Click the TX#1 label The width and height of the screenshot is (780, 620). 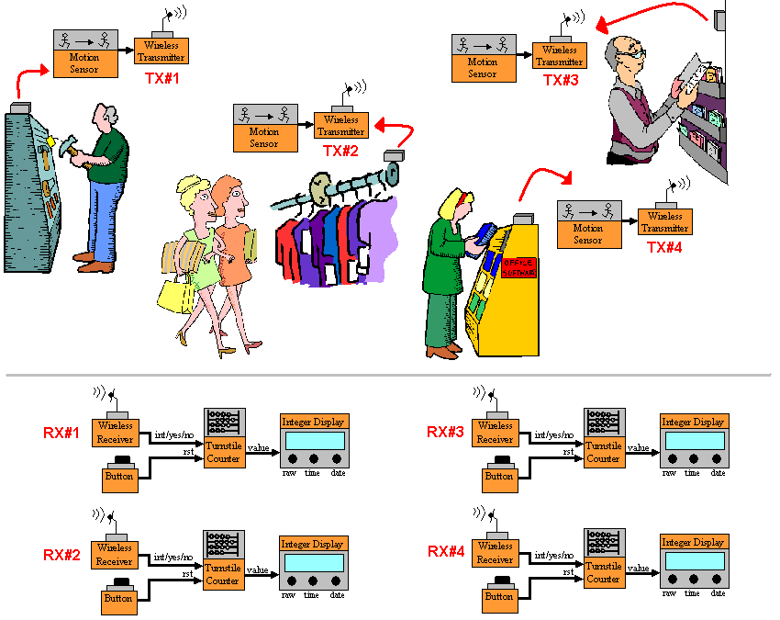coord(162,79)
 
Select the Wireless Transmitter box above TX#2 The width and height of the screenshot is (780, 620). coord(341,125)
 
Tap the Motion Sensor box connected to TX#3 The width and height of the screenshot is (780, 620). coord(483,67)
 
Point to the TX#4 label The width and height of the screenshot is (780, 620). coord(665,247)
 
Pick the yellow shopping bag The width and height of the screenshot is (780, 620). coord(173,294)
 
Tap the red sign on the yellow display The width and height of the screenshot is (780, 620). coord(518,266)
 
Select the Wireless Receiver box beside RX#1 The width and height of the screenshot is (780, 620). coord(115,432)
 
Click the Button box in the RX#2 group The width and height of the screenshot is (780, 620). coord(118,598)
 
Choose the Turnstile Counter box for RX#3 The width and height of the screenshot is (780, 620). coord(604,452)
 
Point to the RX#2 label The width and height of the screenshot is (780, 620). coord(62,555)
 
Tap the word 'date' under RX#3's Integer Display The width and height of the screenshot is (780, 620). coord(718,473)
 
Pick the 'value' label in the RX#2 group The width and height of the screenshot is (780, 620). coord(258,569)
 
